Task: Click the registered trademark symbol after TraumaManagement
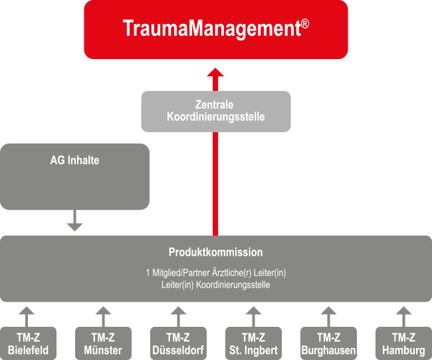[x=305, y=24]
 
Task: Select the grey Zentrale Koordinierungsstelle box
[x=216, y=112]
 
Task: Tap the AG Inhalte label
[x=74, y=160]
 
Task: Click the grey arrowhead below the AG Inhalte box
[x=74, y=227]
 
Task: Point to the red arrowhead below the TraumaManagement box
[x=215, y=72]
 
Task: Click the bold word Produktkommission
[x=216, y=252]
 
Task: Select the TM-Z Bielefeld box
[x=28, y=343]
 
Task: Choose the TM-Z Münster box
[x=103, y=343]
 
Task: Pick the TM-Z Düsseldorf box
[x=178, y=343]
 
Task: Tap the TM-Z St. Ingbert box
[x=253, y=343]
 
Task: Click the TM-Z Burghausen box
[x=328, y=343]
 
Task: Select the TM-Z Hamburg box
[x=403, y=343]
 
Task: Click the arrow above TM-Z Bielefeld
[x=27, y=316]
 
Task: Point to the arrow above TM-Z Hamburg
[x=403, y=316]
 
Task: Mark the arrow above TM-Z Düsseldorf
[x=178, y=316]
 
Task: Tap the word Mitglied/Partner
[x=181, y=273]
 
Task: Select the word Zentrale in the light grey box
[x=214, y=105]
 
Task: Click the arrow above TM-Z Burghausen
[x=328, y=316]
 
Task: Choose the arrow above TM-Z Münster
[x=103, y=316]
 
